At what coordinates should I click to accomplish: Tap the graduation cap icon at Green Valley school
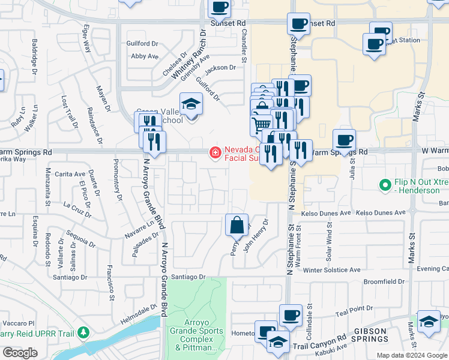[x=191, y=104]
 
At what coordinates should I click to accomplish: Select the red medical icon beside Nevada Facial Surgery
[x=214, y=154]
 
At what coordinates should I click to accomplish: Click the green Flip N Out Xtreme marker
[x=385, y=187]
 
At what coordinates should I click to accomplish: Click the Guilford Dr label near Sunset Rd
[x=142, y=44]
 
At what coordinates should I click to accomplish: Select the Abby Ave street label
[x=144, y=56]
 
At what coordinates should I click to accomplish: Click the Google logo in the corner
[x=20, y=353]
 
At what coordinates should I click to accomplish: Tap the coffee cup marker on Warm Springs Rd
[x=344, y=140]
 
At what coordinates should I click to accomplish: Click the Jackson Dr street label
[x=220, y=68]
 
